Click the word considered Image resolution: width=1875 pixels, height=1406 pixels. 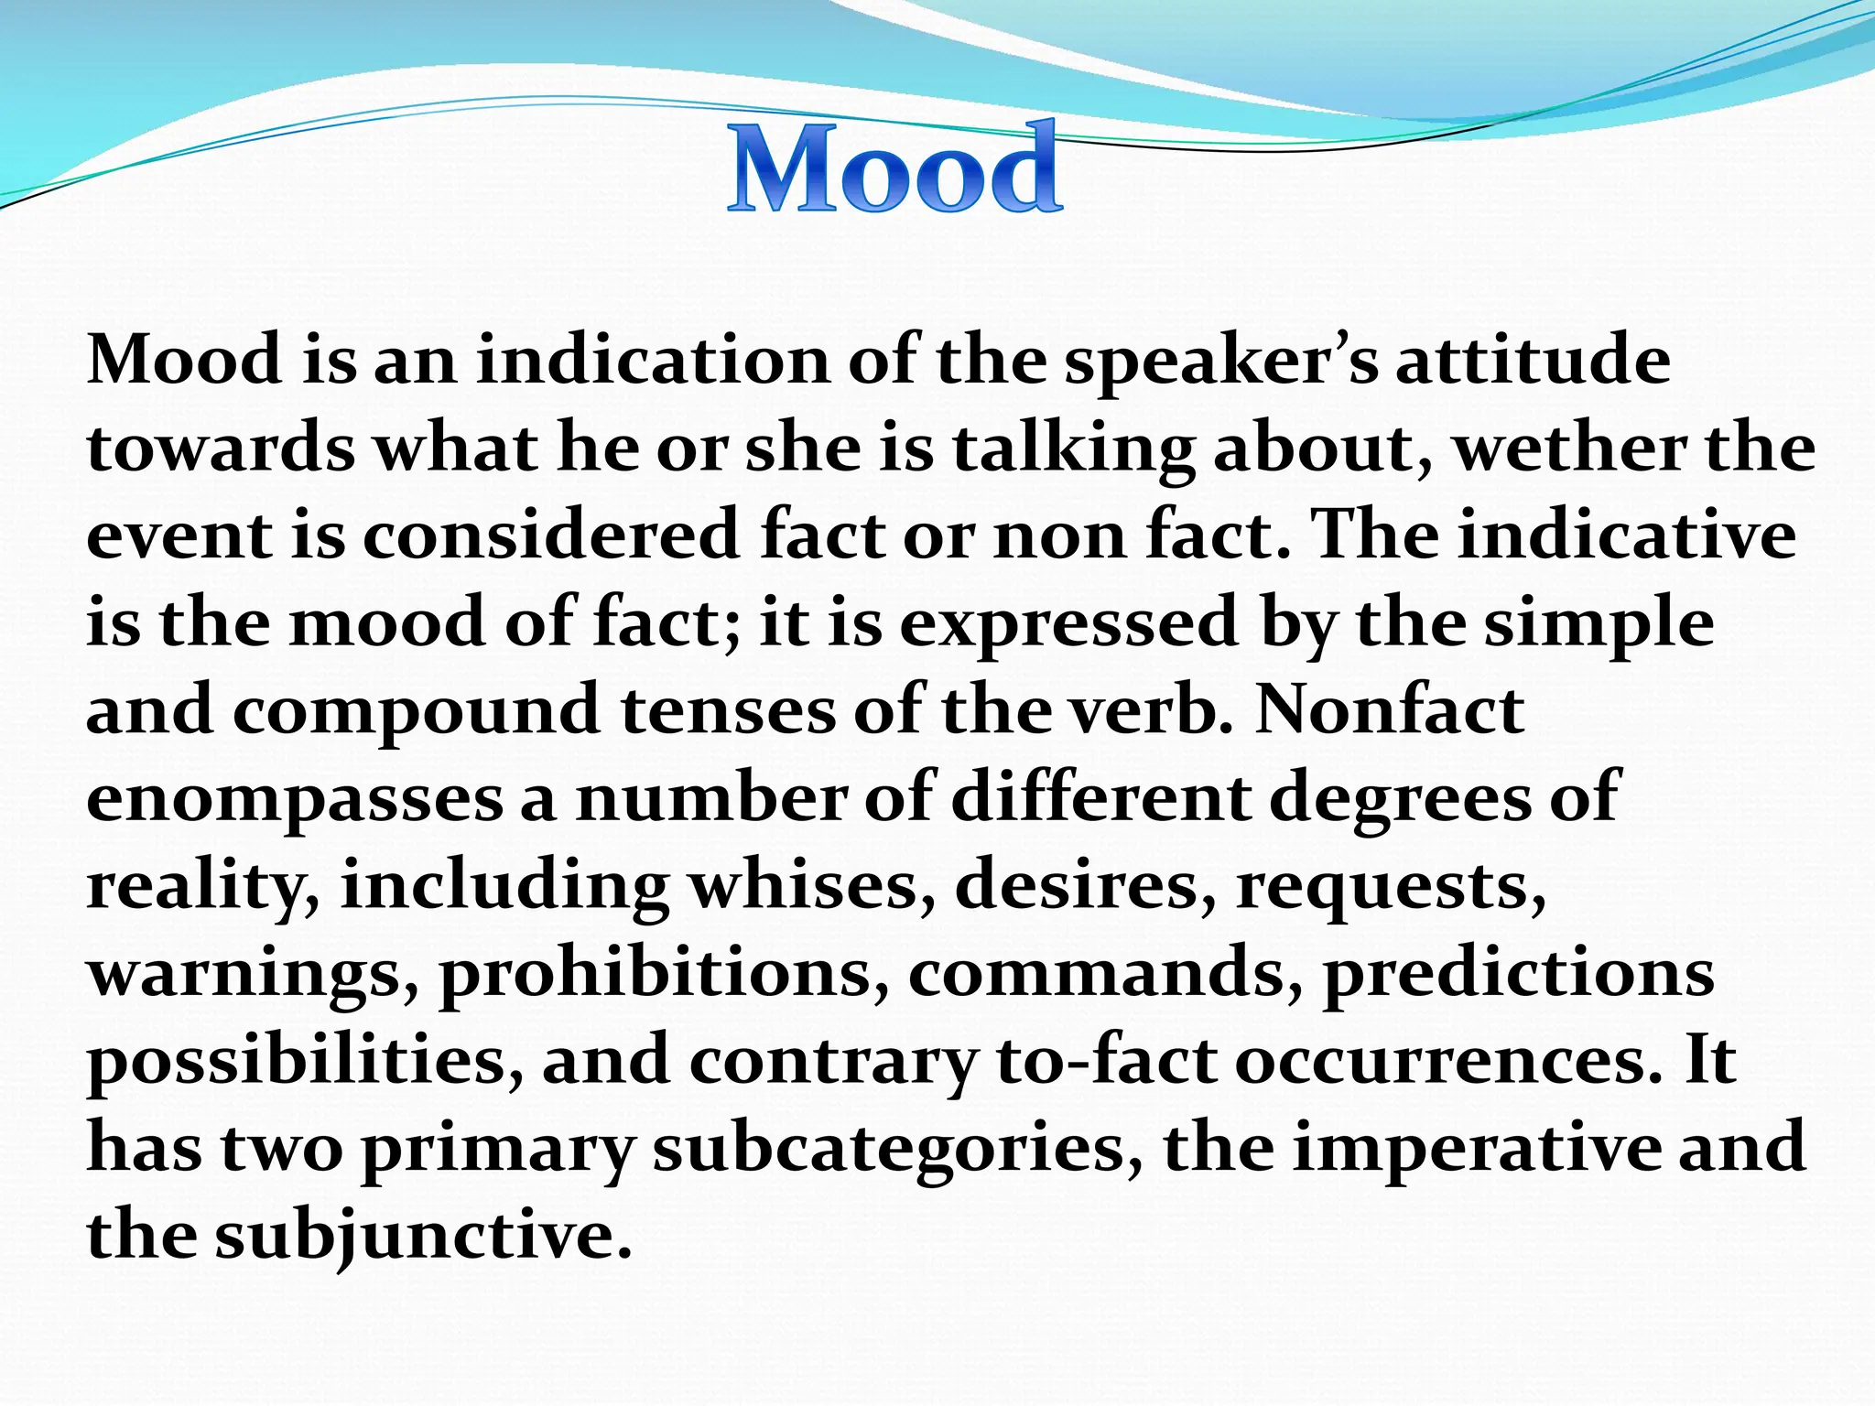click(551, 535)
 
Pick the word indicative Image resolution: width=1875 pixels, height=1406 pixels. click(1627, 535)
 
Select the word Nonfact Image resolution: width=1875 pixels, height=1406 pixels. click(1389, 709)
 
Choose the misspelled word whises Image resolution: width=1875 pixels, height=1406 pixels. click(814, 886)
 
